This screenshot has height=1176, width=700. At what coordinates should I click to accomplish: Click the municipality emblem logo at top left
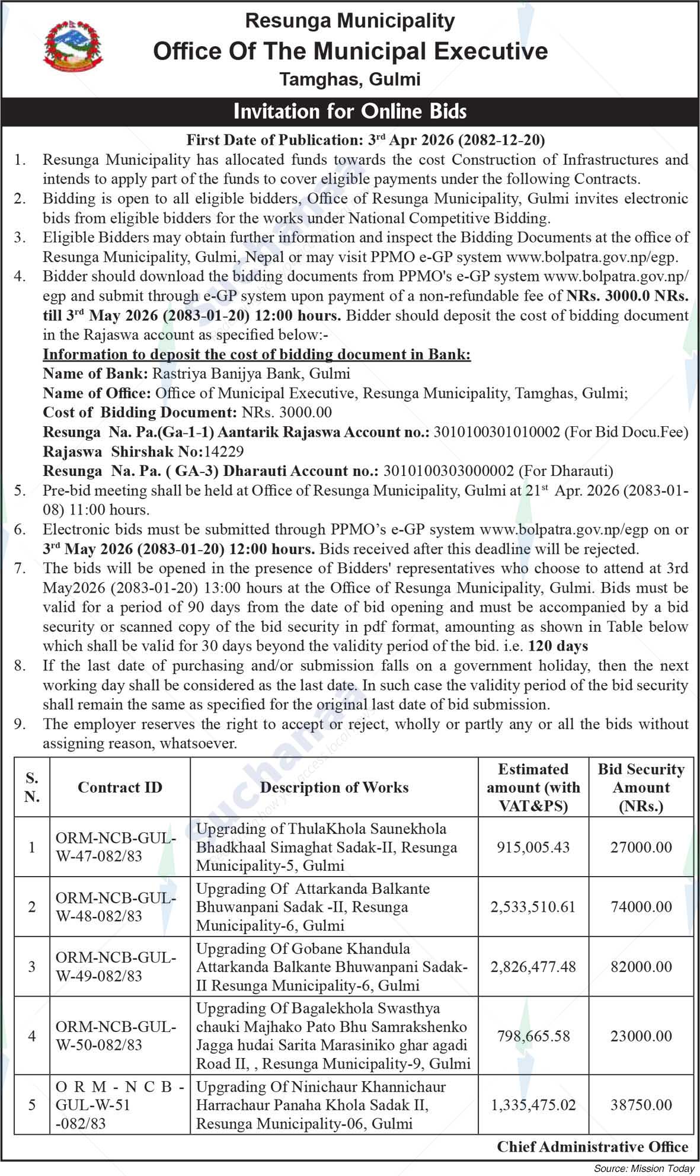[x=73, y=46]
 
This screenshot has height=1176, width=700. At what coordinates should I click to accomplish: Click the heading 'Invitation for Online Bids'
[x=350, y=111]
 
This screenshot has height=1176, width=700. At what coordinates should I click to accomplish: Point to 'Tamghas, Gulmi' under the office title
[x=350, y=79]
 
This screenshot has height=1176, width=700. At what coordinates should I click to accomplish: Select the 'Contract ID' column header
[x=120, y=787]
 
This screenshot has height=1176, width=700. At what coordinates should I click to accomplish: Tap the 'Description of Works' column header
[x=334, y=787]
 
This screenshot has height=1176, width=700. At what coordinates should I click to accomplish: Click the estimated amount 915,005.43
[x=533, y=847]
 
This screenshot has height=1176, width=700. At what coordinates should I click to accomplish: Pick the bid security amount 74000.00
[x=641, y=907]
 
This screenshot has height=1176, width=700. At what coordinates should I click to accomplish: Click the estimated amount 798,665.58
[x=533, y=1036]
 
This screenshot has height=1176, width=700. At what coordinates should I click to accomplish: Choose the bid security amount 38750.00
[x=641, y=1105]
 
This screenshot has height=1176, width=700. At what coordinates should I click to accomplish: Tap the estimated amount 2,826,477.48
[x=533, y=967]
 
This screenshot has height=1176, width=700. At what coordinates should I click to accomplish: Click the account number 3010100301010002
[x=497, y=432]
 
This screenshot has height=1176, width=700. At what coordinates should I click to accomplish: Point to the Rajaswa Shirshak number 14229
[x=223, y=452]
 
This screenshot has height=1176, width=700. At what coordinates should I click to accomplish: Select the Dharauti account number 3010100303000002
[x=449, y=471]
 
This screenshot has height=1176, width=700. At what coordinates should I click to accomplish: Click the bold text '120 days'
[x=557, y=646]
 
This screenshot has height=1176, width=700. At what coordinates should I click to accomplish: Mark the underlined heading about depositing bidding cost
[x=257, y=354]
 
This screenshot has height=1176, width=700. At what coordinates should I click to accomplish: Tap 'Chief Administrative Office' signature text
[x=592, y=1147]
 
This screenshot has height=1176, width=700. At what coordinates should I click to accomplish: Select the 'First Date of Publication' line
[x=365, y=140]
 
